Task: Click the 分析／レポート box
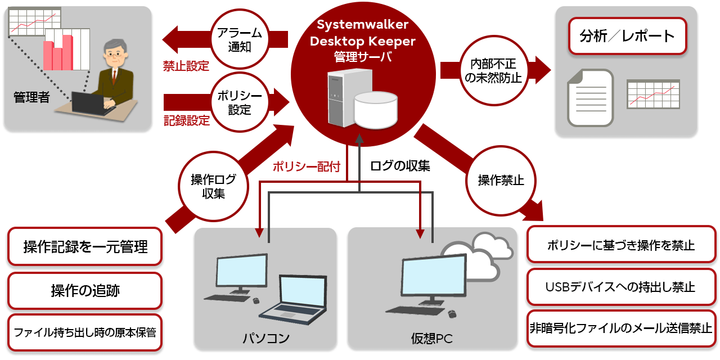(627, 36)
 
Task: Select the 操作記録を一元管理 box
(85, 247)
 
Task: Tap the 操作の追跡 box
(85, 291)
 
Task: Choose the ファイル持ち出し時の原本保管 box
(85, 332)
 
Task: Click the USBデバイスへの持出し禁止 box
(621, 287)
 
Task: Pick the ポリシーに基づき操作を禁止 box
(621, 245)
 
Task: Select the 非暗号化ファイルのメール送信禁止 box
(621, 328)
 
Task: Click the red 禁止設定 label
(186, 66)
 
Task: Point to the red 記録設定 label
(187, 120)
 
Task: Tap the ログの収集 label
(400, 166)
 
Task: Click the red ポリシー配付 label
(307, 166)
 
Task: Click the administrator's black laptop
(90, 103)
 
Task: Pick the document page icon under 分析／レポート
(590, 98)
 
